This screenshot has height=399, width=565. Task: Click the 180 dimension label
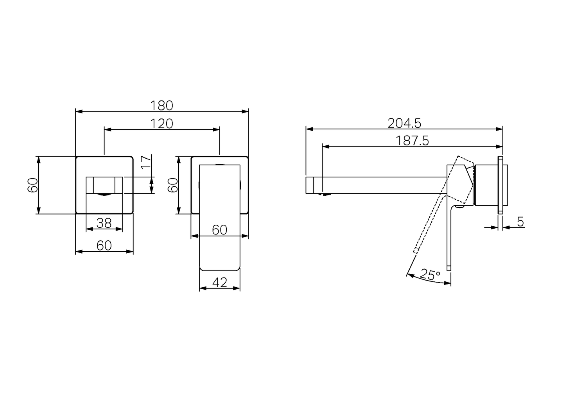click(162, 106)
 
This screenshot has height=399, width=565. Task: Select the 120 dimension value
click(162, 123)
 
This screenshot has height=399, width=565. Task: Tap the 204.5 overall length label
click(404, 123)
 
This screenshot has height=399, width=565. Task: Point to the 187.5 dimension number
click(412, 141)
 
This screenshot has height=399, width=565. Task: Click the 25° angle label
click(431, 274)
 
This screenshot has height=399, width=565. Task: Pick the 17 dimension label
click(146, 162)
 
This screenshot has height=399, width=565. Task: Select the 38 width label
click(104, 223)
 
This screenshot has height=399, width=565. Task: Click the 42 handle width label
click(219, 282)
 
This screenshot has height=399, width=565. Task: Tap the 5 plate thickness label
click(520, 222)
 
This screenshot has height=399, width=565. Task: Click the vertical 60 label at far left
click(33, 185)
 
